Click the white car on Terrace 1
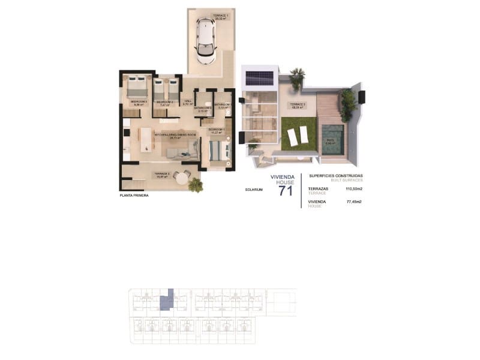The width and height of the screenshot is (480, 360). [206, 41]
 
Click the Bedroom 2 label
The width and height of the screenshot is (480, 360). [164, 103]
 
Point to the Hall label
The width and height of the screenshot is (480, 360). [187, 102]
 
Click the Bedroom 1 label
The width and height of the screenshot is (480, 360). [215, 130]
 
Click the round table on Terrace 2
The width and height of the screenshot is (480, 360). [182, 178]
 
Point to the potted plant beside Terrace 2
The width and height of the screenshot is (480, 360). [195, 185]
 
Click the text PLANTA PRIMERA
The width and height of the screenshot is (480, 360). [134, 196]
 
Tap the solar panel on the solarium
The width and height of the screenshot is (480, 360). [259, 78]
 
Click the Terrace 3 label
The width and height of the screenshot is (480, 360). [298, 106]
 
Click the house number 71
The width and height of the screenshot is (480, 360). [286, 191]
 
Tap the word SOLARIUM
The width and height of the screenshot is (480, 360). [254, 190]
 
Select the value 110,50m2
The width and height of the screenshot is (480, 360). [354, 188]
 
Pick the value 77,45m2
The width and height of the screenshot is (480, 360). [354, 202]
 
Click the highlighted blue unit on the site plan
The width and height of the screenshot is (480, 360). [168, 299]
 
